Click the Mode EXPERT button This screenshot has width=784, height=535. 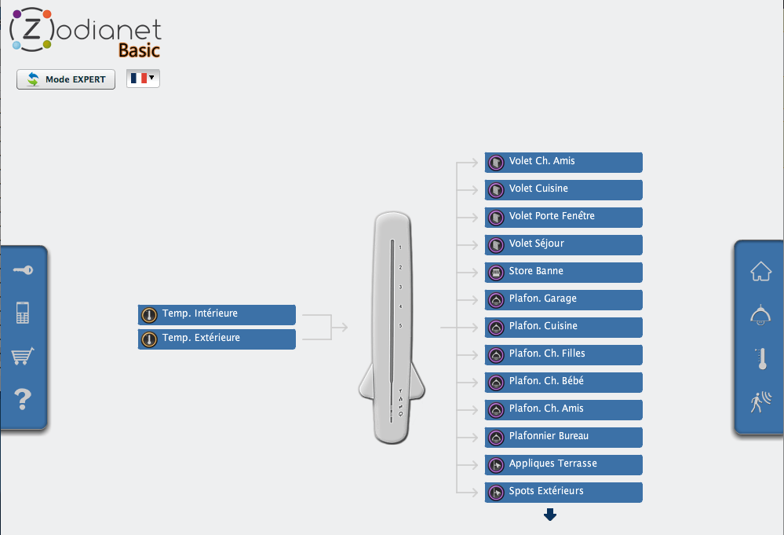pyautogui.click(x=65, y=79)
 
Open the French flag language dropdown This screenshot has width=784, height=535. pyautogui.click(x=143, y=79)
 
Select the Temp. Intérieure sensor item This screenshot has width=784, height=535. pyautogui.click(x=217, y=315)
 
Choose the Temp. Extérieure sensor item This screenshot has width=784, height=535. pyautogui.click(x=217, y=339)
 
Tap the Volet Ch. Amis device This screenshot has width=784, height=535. pyautogui.click(x=563, y=163)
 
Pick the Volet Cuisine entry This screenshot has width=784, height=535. pyautogui.click(x=563, y=190)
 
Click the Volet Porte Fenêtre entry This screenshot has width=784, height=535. pyautogui.click(x=563, y=218)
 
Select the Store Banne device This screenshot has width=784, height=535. pyautogui.click(x=563, y=273)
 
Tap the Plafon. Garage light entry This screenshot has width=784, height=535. pyautogui.click(x=563, y=300)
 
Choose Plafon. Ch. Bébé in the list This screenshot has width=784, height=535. pyautogui.click(x=563, y=383)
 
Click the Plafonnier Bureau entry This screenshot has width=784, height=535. pyautogui.click(x=563, y=438)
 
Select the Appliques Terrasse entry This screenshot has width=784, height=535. pyautogui.click(x=563, y=465)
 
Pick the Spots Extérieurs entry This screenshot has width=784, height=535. pyautogui.click(x=563, y=493)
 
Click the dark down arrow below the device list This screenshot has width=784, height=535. pyautogui.click(x=550, y=515)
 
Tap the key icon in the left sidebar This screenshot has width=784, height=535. pyautogui.click(x=23, y=270)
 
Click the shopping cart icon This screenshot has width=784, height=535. pyautogui.click(x=23, y=356)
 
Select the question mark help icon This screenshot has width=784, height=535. pyautogui.click(x=23, y=399)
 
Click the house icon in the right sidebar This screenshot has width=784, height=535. pyautogui.click(x=761, y=271)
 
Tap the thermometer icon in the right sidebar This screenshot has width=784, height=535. pyautogui.click(x=762, y=359)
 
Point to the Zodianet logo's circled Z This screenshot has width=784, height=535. pyautogui.click(x=31, y=30)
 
